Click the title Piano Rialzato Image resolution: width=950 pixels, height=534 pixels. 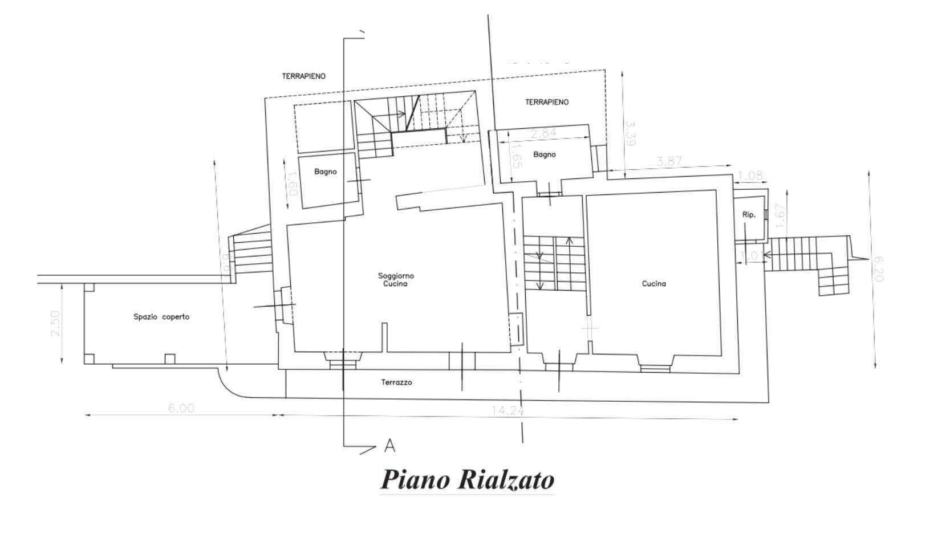coord(467,479)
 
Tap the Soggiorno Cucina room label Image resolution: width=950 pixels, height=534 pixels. coord(396,280)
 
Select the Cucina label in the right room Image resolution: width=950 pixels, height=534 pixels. coord(653,284)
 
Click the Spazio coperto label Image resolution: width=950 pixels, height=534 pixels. coord(161,317)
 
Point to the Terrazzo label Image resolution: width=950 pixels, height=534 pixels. coord(396,382)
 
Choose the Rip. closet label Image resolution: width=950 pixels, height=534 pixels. coord(749,215)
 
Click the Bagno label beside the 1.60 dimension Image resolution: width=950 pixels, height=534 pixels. coord(325,172)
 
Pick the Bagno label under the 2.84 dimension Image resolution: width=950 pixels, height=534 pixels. coord(545,154)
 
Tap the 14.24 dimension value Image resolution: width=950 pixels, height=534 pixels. coord(508,410)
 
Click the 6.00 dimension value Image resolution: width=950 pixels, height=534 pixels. coord(181,409)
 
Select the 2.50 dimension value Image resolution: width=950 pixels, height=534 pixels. coord(55,323)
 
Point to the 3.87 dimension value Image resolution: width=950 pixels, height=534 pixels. coord(669,162)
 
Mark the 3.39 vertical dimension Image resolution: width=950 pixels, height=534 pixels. coord(630,133)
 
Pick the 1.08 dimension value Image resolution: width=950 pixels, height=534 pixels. coord(750,176)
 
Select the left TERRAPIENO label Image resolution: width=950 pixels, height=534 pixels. coord(304,76)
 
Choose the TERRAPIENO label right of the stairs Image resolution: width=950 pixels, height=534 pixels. coord(547,102)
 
